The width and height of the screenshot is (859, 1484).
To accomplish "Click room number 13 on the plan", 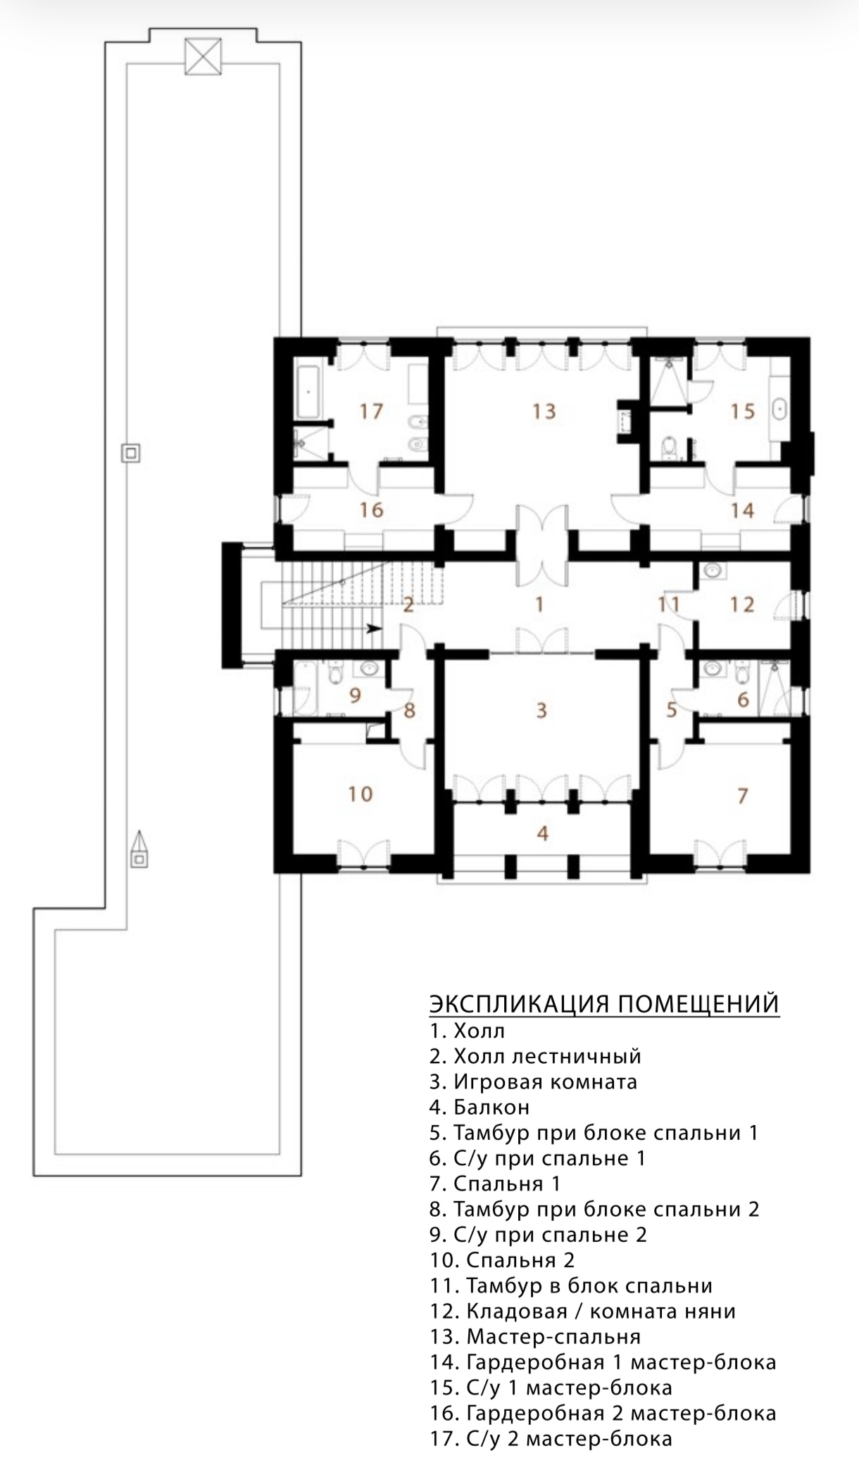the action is pos(544,410).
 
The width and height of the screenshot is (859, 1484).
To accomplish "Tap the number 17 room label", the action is pos(370,411).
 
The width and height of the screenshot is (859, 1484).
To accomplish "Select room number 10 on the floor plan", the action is pos(360,794).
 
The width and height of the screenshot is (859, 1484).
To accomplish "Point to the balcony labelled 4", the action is pos(542,833).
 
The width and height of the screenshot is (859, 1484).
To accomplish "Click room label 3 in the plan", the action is pos(541,710).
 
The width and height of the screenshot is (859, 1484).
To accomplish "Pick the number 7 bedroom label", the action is pos(742,796).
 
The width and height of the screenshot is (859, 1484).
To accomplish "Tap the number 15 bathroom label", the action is pos(743,411).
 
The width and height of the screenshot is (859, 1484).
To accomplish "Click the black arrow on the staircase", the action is pos(373,628).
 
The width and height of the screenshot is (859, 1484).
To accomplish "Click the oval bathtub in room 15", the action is pos(780,410).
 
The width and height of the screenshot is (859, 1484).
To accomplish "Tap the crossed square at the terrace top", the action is pos(203,56).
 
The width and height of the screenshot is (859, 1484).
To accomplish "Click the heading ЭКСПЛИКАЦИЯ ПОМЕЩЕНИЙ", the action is pos(604,1003).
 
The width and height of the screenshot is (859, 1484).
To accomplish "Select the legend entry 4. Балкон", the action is pos(479,1107).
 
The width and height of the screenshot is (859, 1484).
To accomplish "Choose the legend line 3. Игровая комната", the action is pos(534,1082).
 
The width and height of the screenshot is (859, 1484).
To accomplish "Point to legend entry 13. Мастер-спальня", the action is pos(535,1336).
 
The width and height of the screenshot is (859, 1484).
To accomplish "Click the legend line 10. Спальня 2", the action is pos(503,1260).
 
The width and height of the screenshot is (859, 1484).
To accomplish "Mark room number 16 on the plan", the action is pos(371,509).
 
